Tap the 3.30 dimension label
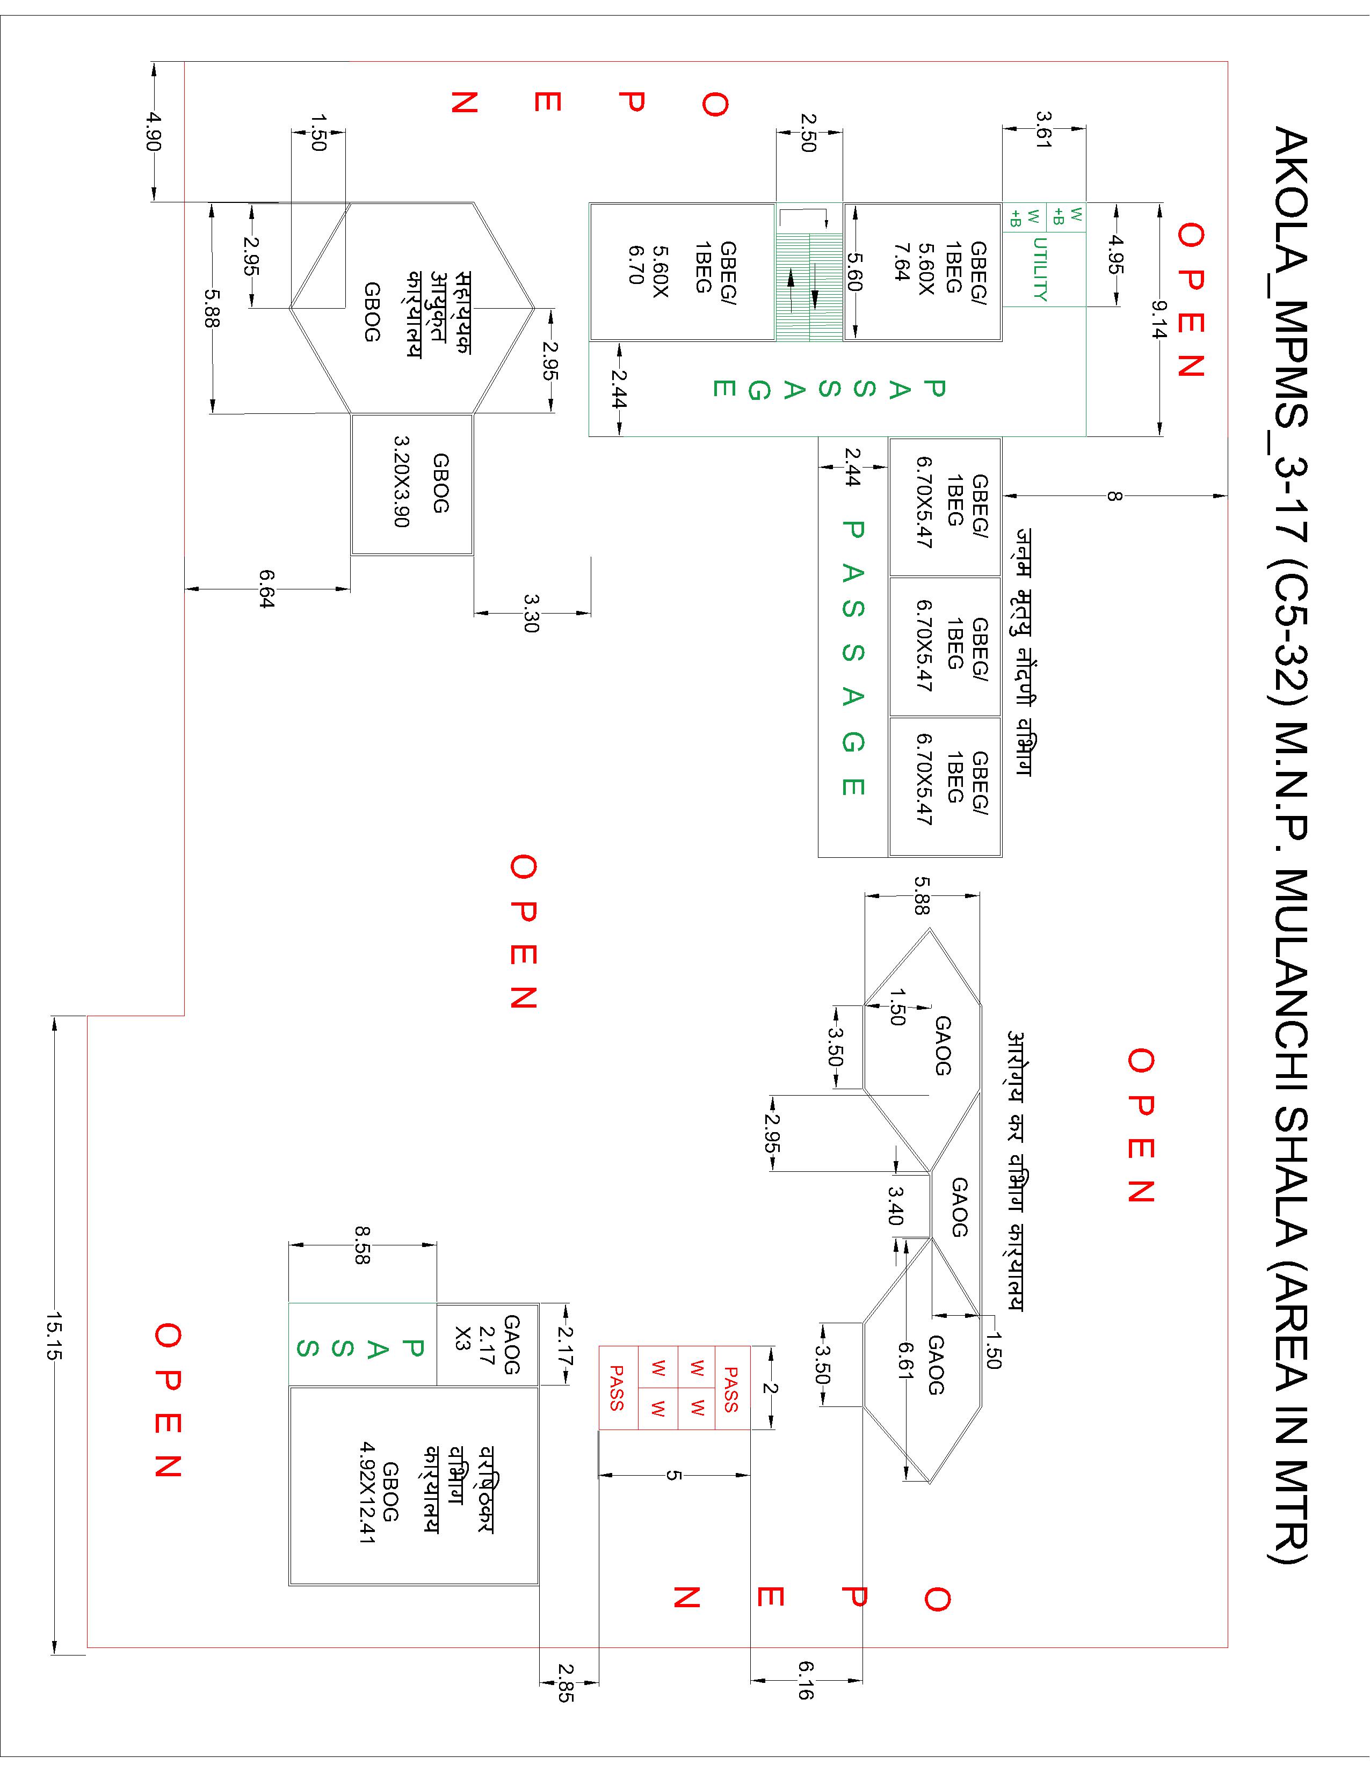pyautogui.click(x=532, y=614)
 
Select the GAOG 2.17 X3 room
pyautogui.click(x=488, y=1344)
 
